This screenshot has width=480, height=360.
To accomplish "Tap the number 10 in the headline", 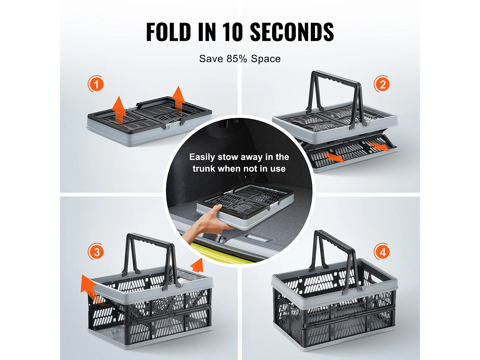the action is click(x=233, y=32).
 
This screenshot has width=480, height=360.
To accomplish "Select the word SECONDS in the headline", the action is click(x=292, y=32).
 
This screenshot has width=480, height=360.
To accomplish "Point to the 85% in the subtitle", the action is click(x=237, y=59).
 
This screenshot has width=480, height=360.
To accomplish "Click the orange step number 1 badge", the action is click(x=96, y=84).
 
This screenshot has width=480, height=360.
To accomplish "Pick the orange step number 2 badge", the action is click(x=382, y=84).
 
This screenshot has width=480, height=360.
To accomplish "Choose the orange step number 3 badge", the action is click(x=96, y=252).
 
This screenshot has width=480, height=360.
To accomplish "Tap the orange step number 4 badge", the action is click(x=382, y=252).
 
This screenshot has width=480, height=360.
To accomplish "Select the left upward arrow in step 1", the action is click(x=119, y=110).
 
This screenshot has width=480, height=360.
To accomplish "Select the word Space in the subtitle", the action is click(x=266, y=59).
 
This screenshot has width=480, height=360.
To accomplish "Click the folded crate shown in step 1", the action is click(x=150, y=121).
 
